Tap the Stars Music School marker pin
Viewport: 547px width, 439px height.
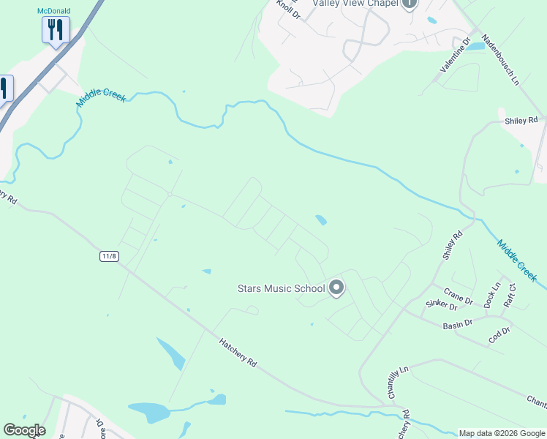pyautogui.click(x=336, y=288)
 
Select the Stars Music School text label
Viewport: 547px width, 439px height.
pyautogui.click(x=282, y=288)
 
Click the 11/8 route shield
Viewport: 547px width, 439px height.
pyautogui.click(x=109, y=256)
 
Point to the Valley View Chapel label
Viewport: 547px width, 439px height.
pyautogui.click(x=354, y=3)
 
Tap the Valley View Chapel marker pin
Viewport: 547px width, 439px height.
pyautogui.click(x=409, y=4)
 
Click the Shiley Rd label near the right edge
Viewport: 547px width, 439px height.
pyautogui.click(x=521, y=120)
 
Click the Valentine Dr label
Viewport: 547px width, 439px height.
pyautogui.click(x=453, y=57)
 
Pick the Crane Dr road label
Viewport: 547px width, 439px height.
pyautogui.click(x=458, y=296)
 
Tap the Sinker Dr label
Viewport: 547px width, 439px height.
pyautogui.click(x=441, y=306)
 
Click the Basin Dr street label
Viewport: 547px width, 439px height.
pyautogui.click(x=458, y=323)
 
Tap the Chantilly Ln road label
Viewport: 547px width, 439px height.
pyautogui.click(x=396, y=382)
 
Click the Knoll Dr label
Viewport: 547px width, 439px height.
pyautogui.click(x=288, y=10)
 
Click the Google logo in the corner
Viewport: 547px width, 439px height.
pyautogui.click(x=24, y=430)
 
